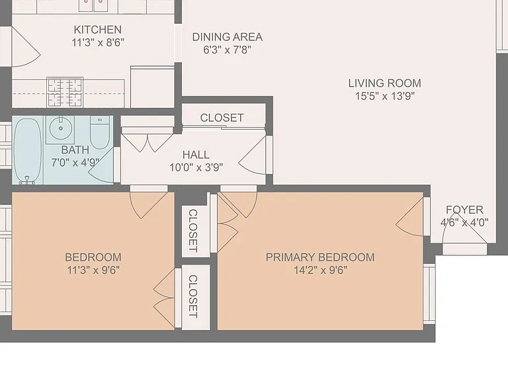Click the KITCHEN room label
(x=97, y=30)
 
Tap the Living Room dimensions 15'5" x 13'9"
(x=385, y=96)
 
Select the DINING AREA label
(x=227, y=37)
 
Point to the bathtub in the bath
(x=28, y=151)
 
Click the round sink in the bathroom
(x=61, y=128)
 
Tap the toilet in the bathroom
(x=100, y=132)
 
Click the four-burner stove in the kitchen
(x=65, y=92)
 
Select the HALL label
(x=196, y=155)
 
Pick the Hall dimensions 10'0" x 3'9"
(x=196, y=167)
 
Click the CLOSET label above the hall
(x=222, y=118)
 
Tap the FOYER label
(x=464, y=210)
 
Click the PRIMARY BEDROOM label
(x=320, y=257)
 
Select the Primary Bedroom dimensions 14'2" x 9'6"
(x=320, y=270)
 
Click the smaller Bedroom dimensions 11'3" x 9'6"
(x=93, y=270)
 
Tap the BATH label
(x=75, y=149)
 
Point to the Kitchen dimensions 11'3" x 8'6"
(x=98, y=42)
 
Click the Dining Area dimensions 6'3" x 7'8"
(x=227, y=50)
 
